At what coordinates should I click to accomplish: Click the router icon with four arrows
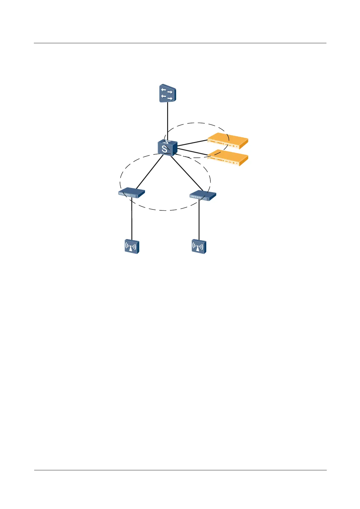click(167, 93)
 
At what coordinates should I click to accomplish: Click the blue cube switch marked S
click(167, 148)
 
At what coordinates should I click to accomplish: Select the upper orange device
click(228, 141)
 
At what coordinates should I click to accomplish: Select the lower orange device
click(228, 158)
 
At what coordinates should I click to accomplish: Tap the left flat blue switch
click(131, 193)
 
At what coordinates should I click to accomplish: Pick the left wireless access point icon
click(132, 247)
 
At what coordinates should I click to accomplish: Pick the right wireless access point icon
click(199, 247)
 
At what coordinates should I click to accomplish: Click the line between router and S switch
click(167, 121)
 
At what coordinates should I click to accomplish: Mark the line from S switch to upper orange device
click(193, 143)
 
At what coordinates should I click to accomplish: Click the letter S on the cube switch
click(164, 149)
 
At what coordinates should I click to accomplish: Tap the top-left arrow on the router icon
click(164, 90)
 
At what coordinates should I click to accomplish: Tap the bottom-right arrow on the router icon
click(170, 99)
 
